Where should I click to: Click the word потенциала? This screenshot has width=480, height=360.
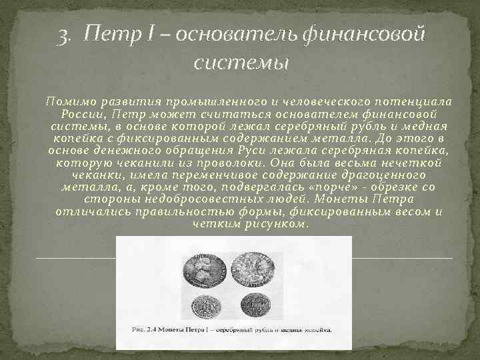415,101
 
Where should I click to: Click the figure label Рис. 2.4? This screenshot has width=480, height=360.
145,329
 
